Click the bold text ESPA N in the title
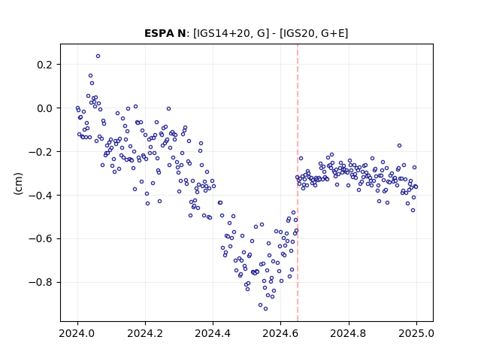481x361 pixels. pos(165,33)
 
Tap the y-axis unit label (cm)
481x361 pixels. pos(18,184)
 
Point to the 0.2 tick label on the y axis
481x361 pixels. pos(45,65)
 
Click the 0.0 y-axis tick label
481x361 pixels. pos(45,108)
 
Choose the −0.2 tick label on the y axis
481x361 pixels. pos(41,152)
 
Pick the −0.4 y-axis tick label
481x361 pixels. pos(41,196)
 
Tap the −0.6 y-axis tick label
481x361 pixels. pos(41,239)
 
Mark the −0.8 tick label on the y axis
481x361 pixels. pos(41,283)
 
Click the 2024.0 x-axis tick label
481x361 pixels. pos(77,333)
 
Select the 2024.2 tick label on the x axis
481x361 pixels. pos(145,333)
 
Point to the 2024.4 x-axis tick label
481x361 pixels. pos(213,333)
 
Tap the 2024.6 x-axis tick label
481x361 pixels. pos(280,333)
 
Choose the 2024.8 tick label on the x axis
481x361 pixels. pos(348,333)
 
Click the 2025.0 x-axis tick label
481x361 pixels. pos(416,333)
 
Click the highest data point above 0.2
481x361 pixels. pos(98,56)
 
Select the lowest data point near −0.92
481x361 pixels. pos(265,308)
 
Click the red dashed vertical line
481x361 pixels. pos(298,183)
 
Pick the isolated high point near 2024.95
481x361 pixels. pos(399,145)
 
